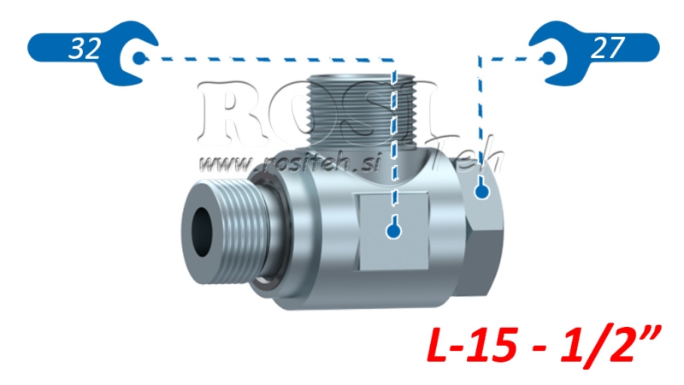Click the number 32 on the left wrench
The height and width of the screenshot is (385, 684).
(x=85, y=49)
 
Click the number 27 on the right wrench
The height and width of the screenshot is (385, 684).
(x=607, y=49)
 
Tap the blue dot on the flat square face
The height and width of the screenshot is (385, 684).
(x=393, y=229)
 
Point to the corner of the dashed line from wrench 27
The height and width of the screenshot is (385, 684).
(x=481, y=58)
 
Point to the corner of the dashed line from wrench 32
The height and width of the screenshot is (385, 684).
(x=393, y=59)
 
